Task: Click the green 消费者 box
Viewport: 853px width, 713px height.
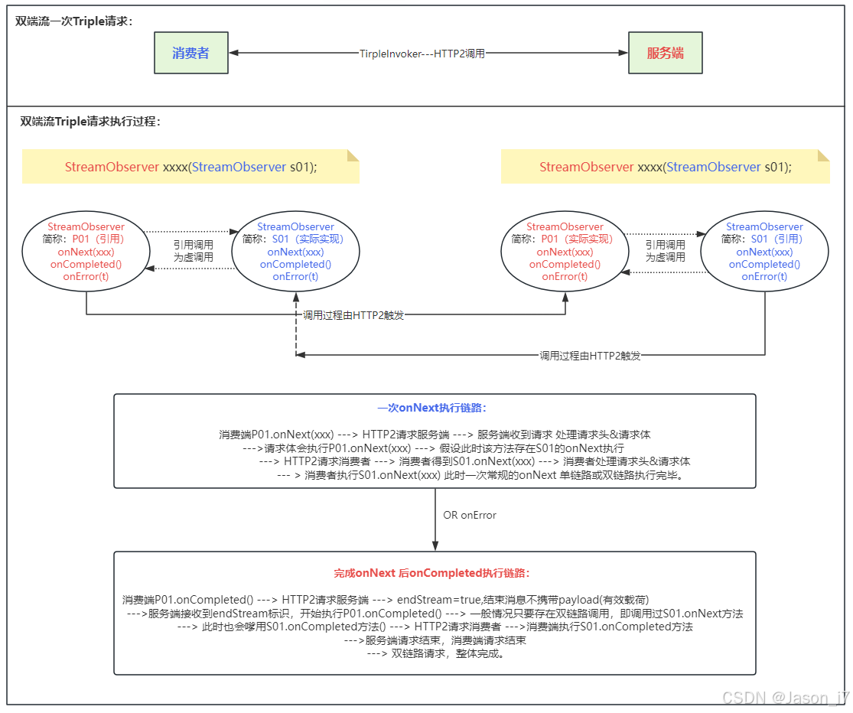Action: (x=190, y=53)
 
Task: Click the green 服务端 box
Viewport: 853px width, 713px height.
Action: (x=665, y=53)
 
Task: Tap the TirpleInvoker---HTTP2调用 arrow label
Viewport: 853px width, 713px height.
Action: (x=422, y=54)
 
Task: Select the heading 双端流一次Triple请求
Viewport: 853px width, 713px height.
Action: (x=74, y=21)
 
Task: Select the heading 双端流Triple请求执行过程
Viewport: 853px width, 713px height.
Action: (x=90, y=121)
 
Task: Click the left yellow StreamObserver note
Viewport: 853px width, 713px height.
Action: (x=190, y=167)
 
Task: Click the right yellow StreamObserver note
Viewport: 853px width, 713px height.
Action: (x=665, y=167)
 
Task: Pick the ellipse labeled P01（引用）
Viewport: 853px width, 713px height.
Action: (x=86, y=252)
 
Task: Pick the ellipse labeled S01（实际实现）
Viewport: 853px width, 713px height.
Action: (x=295, y=252)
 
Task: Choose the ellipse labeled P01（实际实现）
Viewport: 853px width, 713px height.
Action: (x=565, y=252)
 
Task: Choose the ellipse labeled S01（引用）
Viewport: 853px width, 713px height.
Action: (x=764, y=252)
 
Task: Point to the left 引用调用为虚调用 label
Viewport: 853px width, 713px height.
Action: (x=193, y=251)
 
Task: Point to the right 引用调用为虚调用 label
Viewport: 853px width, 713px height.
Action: (x=665, y=251)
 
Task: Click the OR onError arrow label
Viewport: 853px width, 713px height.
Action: (x=470, y=515)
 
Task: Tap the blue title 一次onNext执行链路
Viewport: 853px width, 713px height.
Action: (x=431, y=409)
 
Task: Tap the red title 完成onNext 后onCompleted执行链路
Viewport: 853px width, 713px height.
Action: (x=431, y=573)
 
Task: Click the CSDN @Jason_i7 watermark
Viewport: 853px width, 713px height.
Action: (x=785, y=698)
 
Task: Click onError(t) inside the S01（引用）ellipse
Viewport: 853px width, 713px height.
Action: (x=764, y=277)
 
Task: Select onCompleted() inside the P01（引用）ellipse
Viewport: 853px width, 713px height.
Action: (x=86, y=265)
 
